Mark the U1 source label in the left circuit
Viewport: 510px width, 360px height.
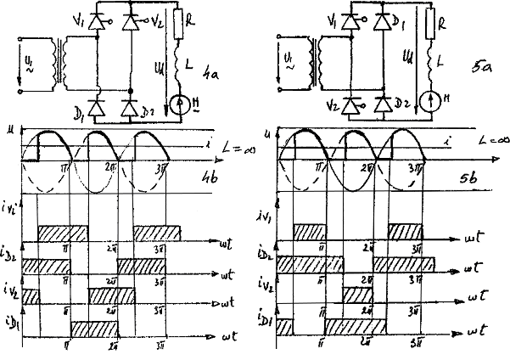(x=26, y=64)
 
